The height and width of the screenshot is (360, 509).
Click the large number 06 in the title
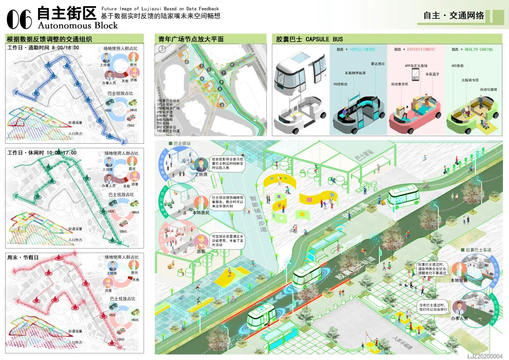20,18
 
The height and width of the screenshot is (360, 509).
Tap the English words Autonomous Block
77,25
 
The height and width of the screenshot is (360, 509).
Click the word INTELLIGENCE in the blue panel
363,49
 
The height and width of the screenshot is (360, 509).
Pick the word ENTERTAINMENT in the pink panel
421,49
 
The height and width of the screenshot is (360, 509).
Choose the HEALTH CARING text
479,49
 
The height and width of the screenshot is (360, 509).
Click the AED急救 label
458,66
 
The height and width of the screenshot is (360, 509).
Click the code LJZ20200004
485,356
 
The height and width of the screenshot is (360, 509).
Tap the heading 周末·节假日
23,257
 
